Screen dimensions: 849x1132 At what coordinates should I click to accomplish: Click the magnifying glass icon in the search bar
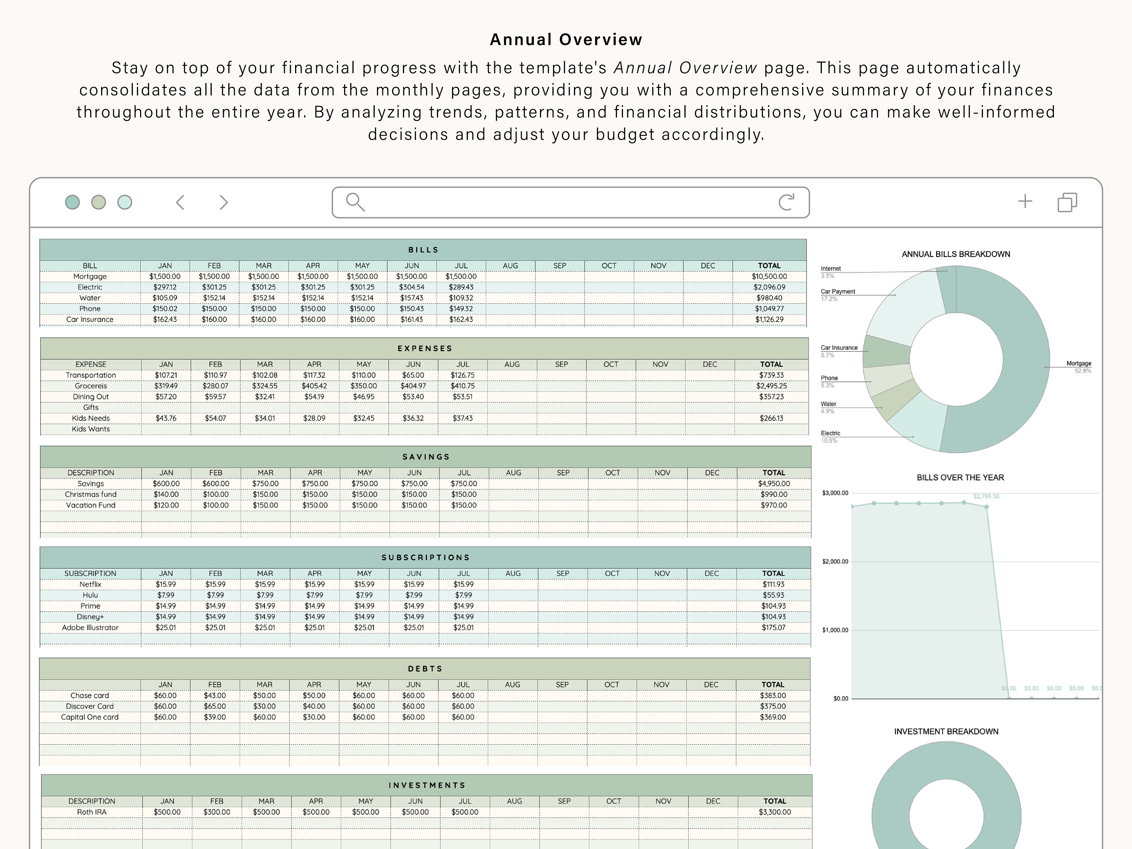355,202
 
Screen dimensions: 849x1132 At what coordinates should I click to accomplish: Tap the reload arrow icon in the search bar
786,202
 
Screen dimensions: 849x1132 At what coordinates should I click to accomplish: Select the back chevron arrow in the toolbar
180,202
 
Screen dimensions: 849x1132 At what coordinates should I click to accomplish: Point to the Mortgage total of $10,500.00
769,276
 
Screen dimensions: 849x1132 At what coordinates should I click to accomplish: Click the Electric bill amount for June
412,287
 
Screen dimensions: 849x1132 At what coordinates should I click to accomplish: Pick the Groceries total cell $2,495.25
771,386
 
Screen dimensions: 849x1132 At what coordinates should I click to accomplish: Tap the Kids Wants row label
91,429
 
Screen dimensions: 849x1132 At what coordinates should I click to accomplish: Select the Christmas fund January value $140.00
166,494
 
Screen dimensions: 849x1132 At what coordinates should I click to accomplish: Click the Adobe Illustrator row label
90,628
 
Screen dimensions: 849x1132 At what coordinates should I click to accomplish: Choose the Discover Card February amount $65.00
215,706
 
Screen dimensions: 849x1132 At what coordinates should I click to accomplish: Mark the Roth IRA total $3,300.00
774,812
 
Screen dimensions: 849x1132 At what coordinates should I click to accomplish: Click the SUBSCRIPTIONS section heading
425,557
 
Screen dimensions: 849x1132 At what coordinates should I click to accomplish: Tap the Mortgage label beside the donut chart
1078,363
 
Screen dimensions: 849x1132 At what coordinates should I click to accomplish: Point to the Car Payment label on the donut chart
838,292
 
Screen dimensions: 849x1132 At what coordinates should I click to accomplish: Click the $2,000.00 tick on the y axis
835,561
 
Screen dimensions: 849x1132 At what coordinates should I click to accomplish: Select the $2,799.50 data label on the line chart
986,497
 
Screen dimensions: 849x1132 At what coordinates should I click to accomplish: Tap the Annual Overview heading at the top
566,39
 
